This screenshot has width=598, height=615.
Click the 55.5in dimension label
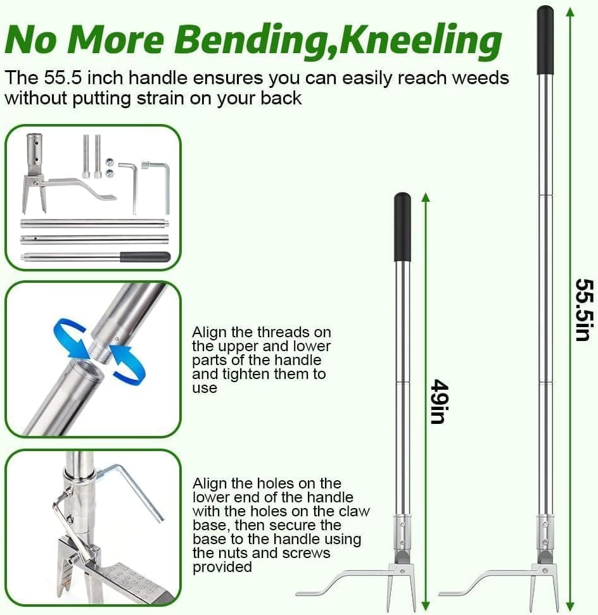(584, 310)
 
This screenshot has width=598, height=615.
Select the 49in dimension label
(440, 401)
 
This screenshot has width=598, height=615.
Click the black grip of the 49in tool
(402, 227)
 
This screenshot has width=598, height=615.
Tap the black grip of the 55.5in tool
(545, 40)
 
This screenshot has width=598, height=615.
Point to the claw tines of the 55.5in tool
(544, 590)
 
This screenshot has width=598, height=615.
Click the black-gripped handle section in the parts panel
(96, 258)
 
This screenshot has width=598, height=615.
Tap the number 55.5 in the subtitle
(63, 78)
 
